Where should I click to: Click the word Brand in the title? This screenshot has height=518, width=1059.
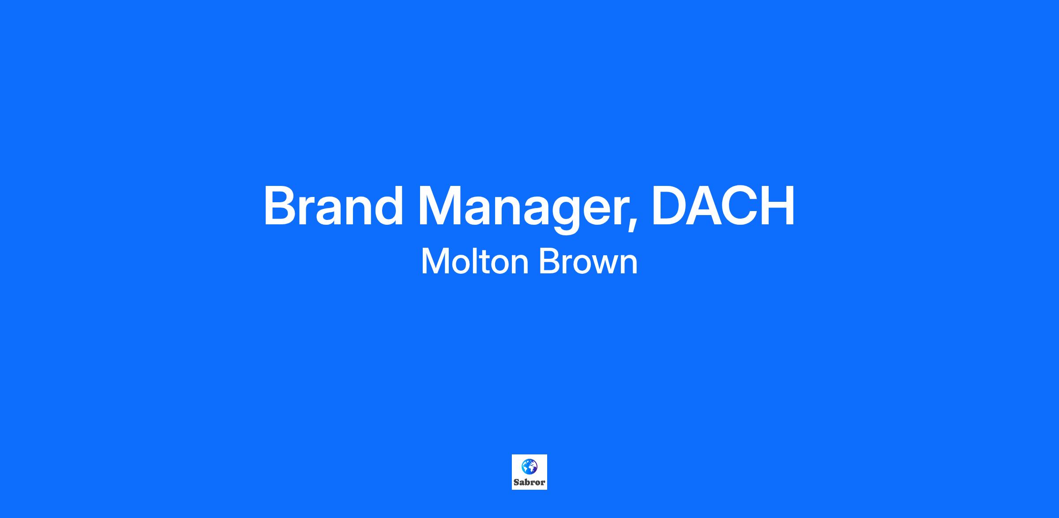[334, 206]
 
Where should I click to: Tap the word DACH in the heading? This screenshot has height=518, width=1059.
[723, 206]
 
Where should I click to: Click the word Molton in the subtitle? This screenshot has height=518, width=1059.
[475, 261]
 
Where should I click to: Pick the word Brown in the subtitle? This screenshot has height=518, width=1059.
[588, 261]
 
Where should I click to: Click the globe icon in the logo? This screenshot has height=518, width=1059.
[529, 466]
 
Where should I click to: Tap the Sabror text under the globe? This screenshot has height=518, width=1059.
[529, 482]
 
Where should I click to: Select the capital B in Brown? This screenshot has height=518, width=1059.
[548, 261]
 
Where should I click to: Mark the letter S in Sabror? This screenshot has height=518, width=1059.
[516, 482]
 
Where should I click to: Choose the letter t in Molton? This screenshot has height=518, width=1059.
[482, 262]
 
